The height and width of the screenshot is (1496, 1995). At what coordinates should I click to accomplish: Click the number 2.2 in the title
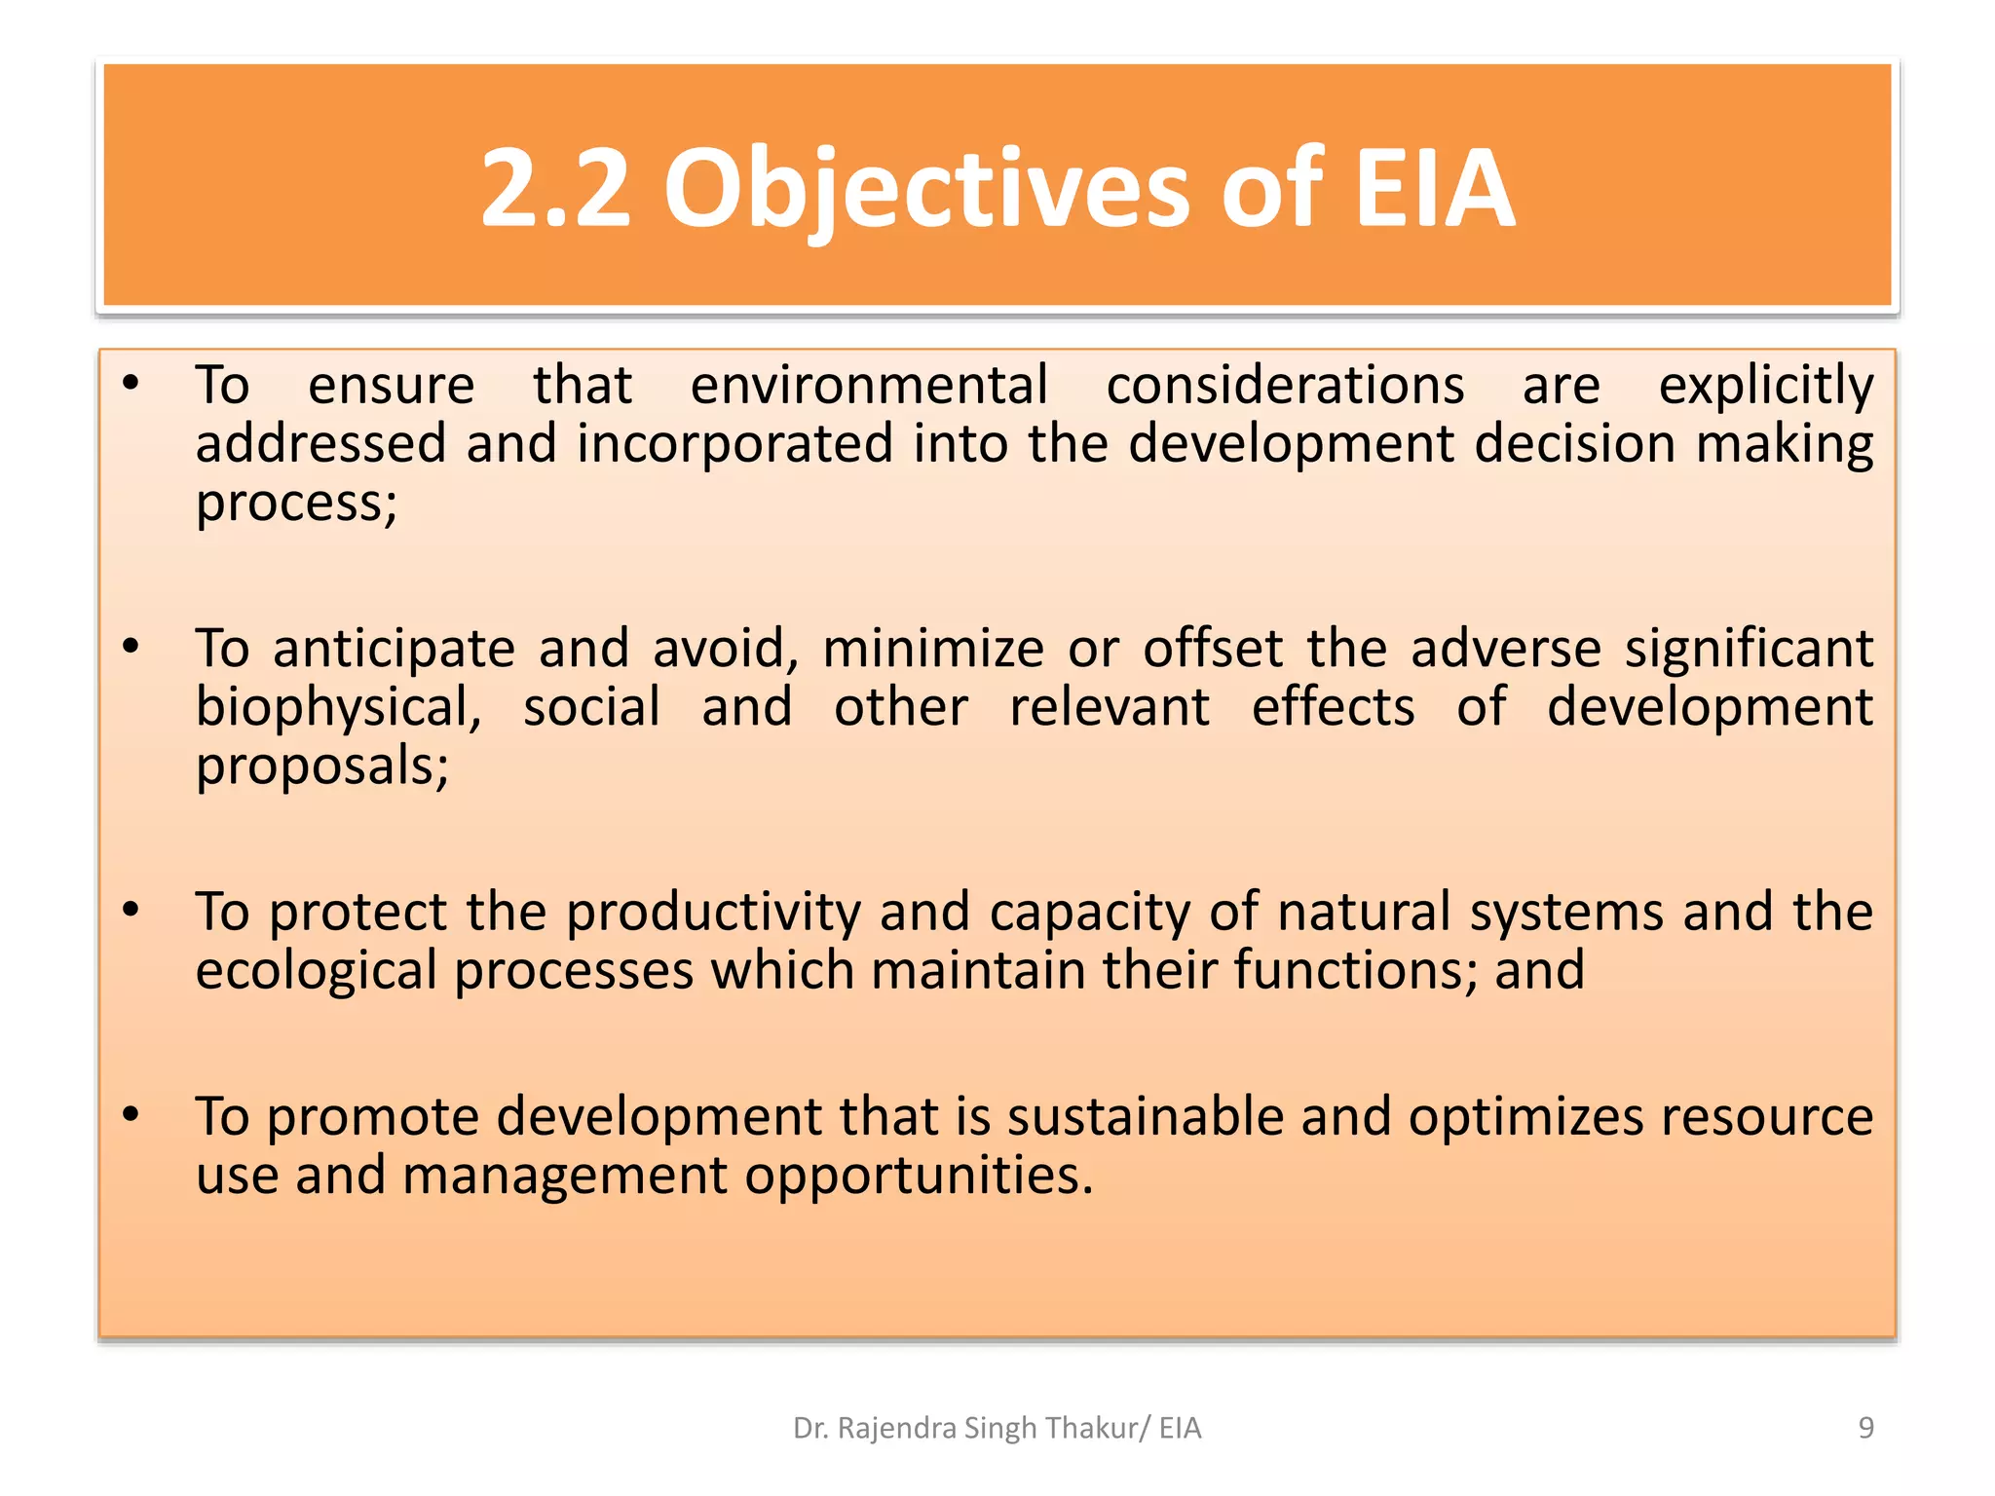pyautogui.click(x=555, y=188)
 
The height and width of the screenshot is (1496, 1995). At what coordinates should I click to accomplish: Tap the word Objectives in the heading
pyautogui.click(x=926, y=188)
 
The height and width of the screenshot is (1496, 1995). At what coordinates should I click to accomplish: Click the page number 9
pyautogui.click(x=1865, y=1428)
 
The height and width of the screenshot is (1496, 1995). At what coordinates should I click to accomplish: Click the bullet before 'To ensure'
pyautogui.click(x=132, y=383)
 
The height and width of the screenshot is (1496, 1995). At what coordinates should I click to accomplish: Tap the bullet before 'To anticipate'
pyautogui.click(x=132, y=647)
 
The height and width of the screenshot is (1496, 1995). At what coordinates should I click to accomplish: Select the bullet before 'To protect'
pyautogui.click(x=132, y=910)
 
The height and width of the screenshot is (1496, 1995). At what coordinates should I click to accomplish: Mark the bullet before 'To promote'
pyautogui.click(x=132, y=1114)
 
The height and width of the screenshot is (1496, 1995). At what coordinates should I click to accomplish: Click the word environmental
pyautogui.click(x=869, y=385)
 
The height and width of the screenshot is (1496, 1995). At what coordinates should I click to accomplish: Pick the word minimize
pyautogui.click(x=933, y=649)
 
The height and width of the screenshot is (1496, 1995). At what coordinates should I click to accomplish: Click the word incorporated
pyautogui.click(x=734, y=445)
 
